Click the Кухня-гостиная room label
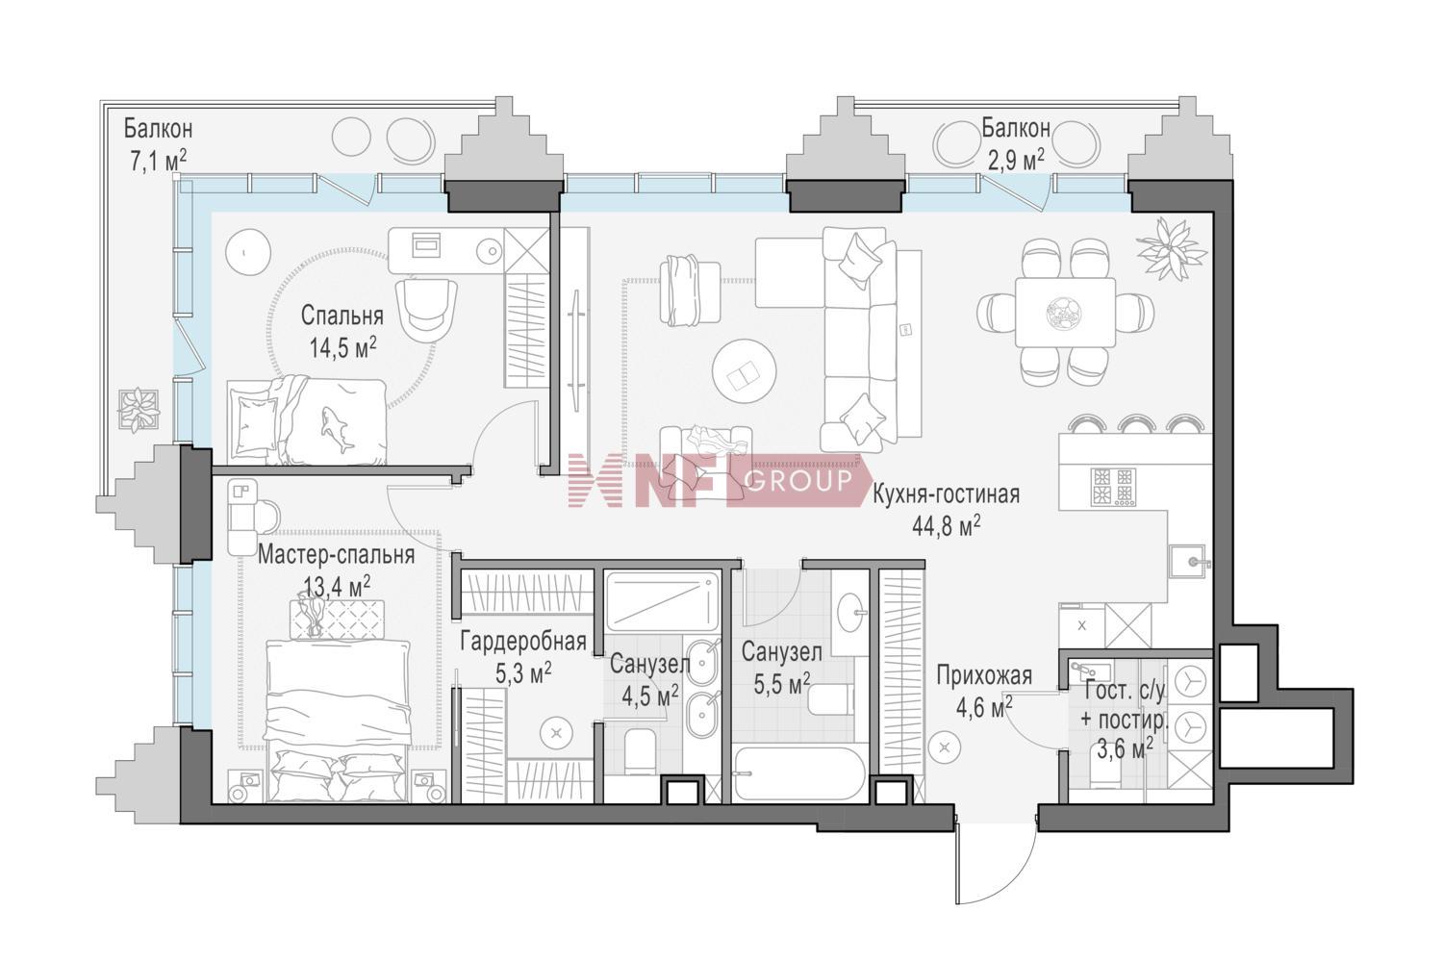point(947,494)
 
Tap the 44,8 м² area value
point(947,526)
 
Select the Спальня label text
point(342,316)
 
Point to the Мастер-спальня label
point(336,555)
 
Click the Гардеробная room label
point(523,643)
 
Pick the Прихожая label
point(984,676)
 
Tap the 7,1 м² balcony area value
point(159,161)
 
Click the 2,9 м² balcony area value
point(1017,160)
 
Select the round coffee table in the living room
point(744,371)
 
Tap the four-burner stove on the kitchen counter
point(1112,487)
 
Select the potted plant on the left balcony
point(138,409)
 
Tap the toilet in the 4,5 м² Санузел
point(640,753)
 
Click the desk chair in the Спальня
point(426,307)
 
